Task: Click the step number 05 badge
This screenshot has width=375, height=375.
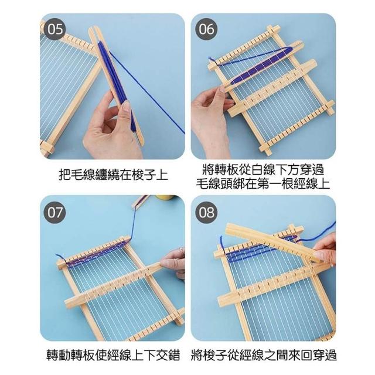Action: click(x=55, y=29)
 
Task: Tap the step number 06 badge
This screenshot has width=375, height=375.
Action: click(x=206, y=29)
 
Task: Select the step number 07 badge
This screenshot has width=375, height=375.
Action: click(x=55, y=212)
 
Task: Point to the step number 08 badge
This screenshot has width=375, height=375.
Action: click(x=206, y=212)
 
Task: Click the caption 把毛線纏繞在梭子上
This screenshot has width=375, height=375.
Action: click(x=113, y=175)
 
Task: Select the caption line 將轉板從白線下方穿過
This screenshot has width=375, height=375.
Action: click(x=263, y=170)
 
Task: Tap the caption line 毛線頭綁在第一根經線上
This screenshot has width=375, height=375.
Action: click(x=263, y=183)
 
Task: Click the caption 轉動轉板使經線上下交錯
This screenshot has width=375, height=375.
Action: click(x=113, y=355)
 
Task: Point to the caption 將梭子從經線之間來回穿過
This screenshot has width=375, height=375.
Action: click(x=264, y=355)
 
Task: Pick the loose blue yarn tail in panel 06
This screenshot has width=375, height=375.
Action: click(x=213, y=61)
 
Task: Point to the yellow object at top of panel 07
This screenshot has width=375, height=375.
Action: click(x=165, y=197)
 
